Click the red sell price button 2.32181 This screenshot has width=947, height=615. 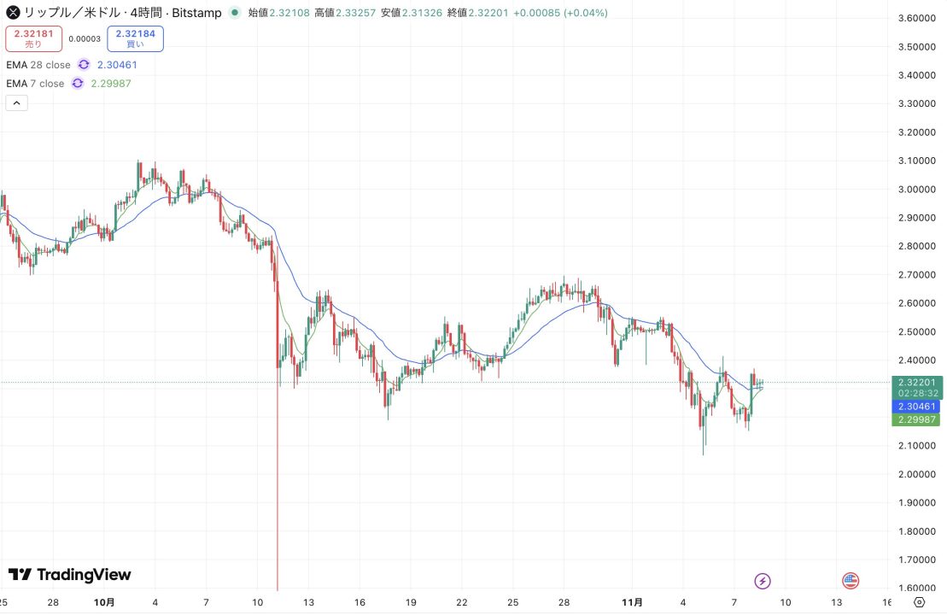tap(33, 38)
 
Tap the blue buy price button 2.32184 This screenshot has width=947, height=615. tap(135, 38)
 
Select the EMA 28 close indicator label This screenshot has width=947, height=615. tap(38, 64)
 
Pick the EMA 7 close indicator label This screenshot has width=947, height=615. tap(35, 83)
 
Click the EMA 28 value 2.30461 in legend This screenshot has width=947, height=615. tap(117, 64)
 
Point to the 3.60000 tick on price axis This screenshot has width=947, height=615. tap(919, 18)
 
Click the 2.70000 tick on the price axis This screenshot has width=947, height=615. tap(919, 274)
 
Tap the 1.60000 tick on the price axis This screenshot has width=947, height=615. tap(919, 588)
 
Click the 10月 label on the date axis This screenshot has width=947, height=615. tap(103, 602)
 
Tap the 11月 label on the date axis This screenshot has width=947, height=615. tap(632, 602)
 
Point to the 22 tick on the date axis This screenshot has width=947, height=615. tap(461, 602)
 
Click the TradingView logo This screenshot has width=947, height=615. tap(70, 575)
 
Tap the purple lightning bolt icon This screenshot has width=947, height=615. tap(763, 581)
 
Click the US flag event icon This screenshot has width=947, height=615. tap(851, 581)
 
